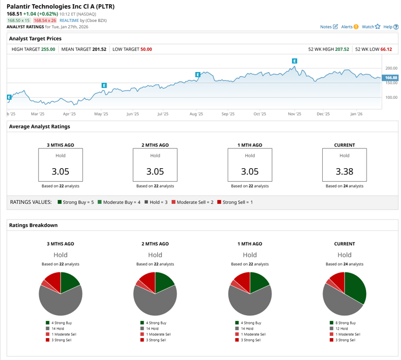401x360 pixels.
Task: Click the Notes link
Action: pyautogui.click(x=328, y=27)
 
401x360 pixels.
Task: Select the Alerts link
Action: pyautogui.click(x=349, y=27)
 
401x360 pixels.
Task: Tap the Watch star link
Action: pyautogui.click(x=371, y=27)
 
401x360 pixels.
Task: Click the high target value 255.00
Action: pyautogui.click(x=48, y=49)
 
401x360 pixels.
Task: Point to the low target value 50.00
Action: pyautogui.click(x=146, y=49)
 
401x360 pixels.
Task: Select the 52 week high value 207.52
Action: pyautogui.click(x=343, y=49)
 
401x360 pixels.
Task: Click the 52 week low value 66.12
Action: pyautogui.click(x=386, y=49)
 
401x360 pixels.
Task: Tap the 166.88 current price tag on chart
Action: pyautogui.click(x=391, y=78)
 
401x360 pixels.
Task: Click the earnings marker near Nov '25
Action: pyautogui.click(x=294, y=61)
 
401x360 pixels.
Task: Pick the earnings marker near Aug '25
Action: pyautogui.click(x=198, y=75)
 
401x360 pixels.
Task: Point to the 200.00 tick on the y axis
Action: pyautogui.click(x=391, y=68)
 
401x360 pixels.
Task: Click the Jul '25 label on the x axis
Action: pyautogui.click(x=163, y=114)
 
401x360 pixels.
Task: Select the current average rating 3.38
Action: pyautogui.click(x=344, y=171)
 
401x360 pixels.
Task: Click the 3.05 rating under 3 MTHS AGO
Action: pyautogui.click(x=60, y=171)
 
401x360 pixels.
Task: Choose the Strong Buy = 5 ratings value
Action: pyautogui.click(x=76, y=202)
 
